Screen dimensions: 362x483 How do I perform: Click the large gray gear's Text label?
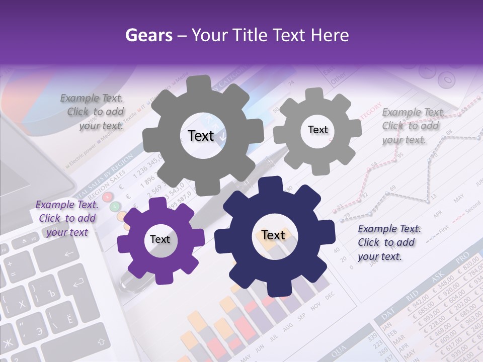[201, 136]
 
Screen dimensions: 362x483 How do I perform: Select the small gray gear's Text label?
[317, 130]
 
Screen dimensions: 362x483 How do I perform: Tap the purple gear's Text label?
[160, 239]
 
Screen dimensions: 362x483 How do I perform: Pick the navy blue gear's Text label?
[273, 235]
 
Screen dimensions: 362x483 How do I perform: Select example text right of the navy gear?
[389, 242]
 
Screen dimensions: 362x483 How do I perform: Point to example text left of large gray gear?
[92, 112]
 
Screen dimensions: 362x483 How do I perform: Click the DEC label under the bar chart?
[330, 296]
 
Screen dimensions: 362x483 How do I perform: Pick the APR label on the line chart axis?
[438, 214]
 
